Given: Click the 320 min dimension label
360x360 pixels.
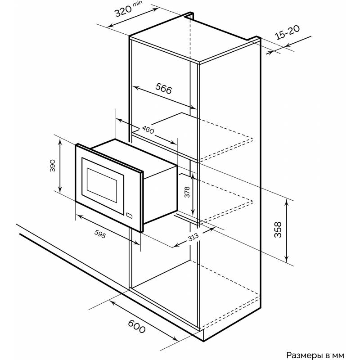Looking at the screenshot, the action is click(x=129, y=9).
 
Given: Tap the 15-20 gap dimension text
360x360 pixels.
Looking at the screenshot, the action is click(x=287, y=32).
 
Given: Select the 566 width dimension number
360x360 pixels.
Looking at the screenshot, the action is click(x=163, y=88).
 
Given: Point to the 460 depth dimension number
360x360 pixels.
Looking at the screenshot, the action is click(x=148, y=130).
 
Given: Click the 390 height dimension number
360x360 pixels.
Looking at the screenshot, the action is click(x=53, y=166).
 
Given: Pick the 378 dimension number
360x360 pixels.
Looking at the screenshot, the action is click(x=187, y=192).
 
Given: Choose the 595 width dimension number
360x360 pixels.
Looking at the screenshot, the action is click(x=100, y=234).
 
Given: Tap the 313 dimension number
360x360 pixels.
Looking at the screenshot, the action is click(x=193, y=238).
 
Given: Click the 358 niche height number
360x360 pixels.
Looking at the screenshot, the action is click(x=278, y=229).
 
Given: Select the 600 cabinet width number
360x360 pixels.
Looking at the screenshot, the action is click(x=137, y=326).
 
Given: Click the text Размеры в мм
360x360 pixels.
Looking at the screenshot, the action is click(x=315, y=355).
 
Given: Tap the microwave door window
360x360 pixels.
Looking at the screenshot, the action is click(x=102, y=185).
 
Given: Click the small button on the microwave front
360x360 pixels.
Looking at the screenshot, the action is click(x=129, y=215).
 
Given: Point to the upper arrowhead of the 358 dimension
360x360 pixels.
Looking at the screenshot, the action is click(x=286, y=202).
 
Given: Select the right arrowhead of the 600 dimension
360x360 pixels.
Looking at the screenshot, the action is click(x=175, y=339).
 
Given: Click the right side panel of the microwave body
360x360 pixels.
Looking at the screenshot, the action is click(x=160, y=195).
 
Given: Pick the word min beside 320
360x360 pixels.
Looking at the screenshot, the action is click(x=138, y=4).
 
